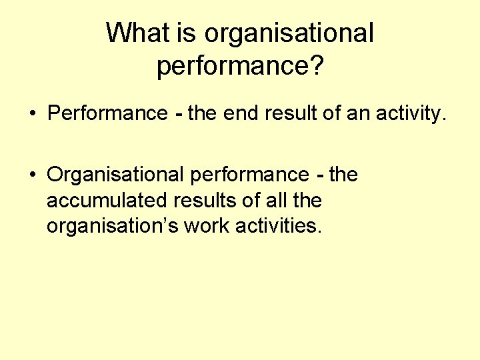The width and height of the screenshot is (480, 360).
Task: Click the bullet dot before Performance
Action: tap(32, 114)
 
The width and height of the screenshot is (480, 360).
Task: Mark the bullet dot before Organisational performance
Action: tap(32, 175)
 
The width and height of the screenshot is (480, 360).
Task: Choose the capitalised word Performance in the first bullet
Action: tap(107, 113)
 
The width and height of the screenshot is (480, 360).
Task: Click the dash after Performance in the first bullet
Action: tap(177, 114)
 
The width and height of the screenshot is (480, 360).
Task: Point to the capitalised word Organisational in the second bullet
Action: tap(115, 175)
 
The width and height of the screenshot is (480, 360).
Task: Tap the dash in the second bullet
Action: tap(320, 175)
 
